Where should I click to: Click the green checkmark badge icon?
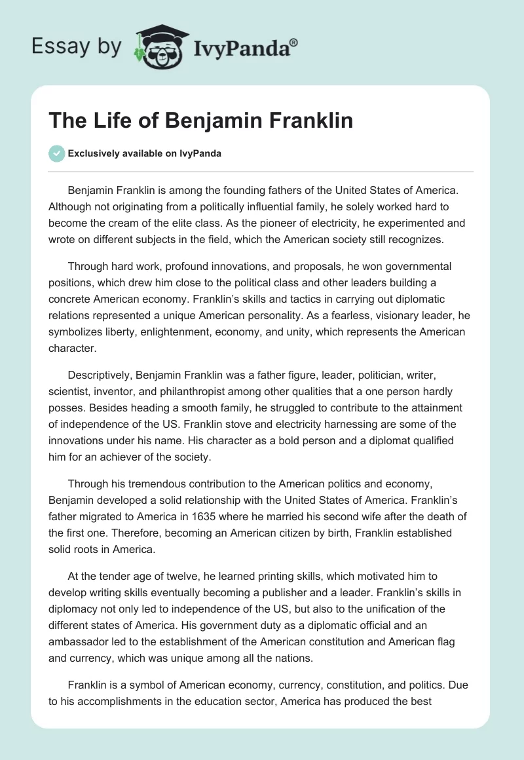click(x=58, y=153)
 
